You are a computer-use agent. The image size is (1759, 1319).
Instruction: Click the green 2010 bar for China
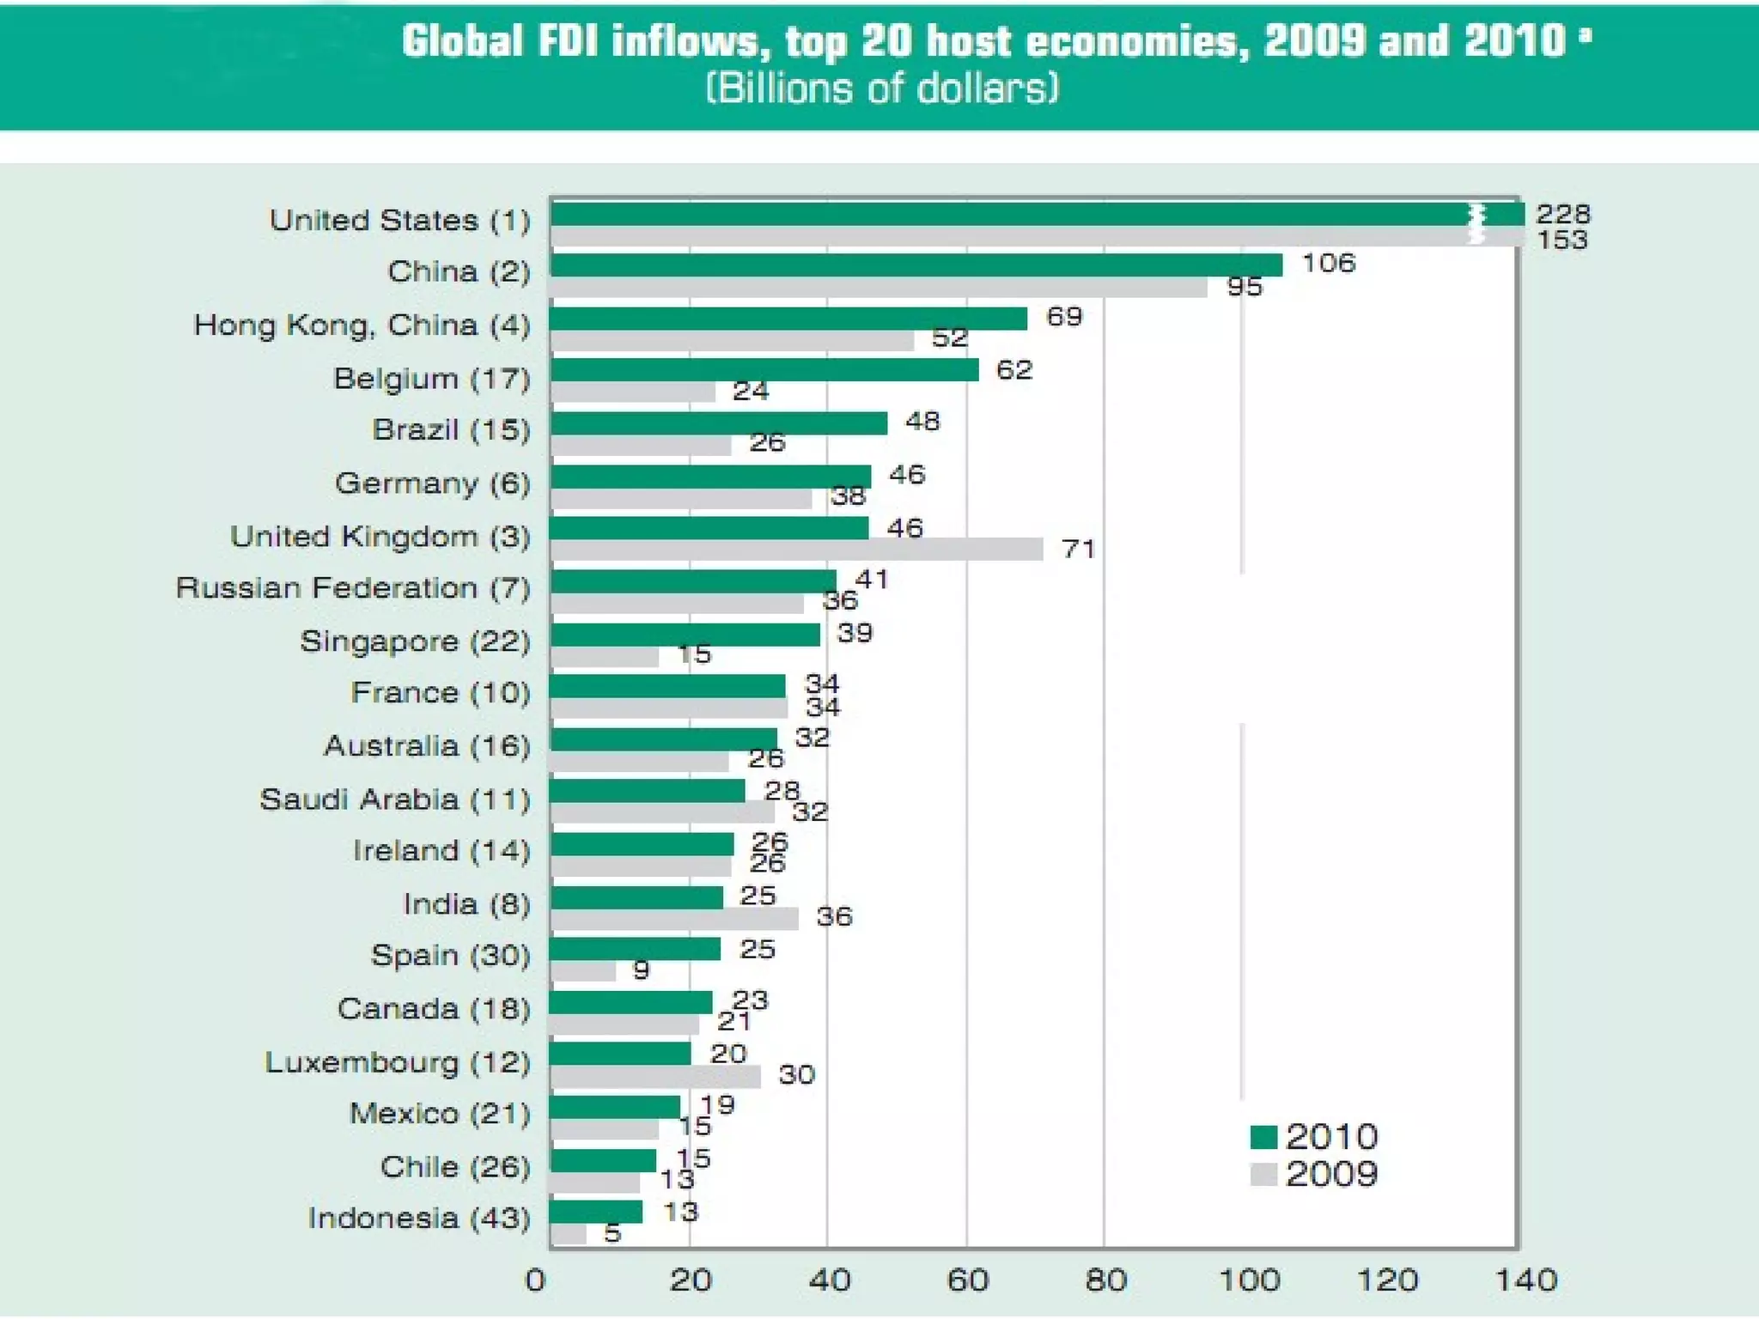[916, 264]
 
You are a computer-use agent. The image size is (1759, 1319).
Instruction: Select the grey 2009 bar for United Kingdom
[796, 550]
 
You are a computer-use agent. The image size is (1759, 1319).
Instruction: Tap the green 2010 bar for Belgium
[764, 369]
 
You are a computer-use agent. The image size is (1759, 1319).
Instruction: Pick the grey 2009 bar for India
[674, 919]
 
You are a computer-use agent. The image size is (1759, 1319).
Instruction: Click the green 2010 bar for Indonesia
[596, 1212]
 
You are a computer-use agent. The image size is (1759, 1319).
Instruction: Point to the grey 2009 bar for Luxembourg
[655, 1077]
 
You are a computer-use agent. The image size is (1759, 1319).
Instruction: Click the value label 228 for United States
[1563, 213]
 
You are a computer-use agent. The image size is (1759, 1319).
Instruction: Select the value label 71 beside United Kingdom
[1079, 549]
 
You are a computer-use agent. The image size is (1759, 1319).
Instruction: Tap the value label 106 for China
[1329, 263]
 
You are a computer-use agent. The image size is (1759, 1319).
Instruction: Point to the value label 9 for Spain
[641, 970]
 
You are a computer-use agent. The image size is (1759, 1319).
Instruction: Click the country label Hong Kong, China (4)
[362, 325]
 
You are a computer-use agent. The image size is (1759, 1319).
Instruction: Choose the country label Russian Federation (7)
[353, 588]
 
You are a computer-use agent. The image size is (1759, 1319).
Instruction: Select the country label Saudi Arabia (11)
[395, 799]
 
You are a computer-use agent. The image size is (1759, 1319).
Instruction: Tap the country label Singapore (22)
[415, 641]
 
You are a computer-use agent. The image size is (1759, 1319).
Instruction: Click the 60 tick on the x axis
[967, 1280]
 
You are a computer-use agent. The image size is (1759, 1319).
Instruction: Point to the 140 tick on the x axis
[1526, 1280]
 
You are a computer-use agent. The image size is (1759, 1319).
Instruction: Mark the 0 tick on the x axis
[535, 1280]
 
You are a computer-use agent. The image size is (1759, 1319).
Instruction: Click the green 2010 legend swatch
[1263, 1137]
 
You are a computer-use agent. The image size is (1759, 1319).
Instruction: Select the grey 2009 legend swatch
[1263, 1174]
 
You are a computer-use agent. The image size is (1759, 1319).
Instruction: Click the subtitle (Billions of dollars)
[882, 88]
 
